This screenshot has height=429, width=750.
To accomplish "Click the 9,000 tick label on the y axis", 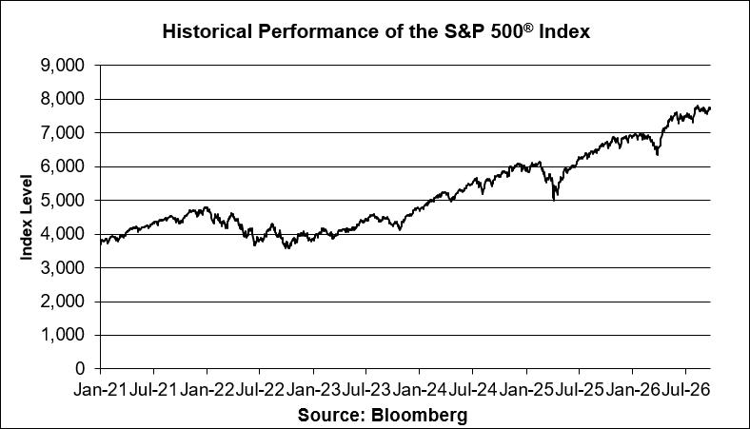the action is (x=63, y=65).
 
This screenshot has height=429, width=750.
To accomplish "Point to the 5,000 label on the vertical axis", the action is (x=63, y=200).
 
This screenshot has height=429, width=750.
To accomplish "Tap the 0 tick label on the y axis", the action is (x=80, y=369).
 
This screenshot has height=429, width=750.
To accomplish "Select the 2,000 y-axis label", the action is (x=63, y=302).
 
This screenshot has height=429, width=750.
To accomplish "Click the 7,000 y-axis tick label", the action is (x=63, y=132).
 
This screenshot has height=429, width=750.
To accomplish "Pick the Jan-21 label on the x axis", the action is (x=101, y=390).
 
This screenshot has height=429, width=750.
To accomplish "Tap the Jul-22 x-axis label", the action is (x=260, y=390).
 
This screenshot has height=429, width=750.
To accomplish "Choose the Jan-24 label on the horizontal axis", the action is (x=420, y=390).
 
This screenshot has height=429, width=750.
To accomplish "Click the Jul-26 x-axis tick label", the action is (x=686, y=390).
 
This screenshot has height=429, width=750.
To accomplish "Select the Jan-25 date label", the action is (x=526, y=390).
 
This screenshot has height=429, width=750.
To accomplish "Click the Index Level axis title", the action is (x=26, y=218).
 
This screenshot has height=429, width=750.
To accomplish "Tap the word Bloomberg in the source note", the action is (x=419, y=415).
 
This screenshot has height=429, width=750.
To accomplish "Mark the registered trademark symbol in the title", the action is (x=527, y=28).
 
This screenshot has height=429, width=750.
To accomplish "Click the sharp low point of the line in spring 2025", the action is (x=554, y=200).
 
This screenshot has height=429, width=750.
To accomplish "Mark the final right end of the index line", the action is (x=710, y=108).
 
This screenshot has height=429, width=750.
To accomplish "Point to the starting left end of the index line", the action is (x=101, y=242).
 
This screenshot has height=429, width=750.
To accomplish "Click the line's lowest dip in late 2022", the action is (x=287, y=248).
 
